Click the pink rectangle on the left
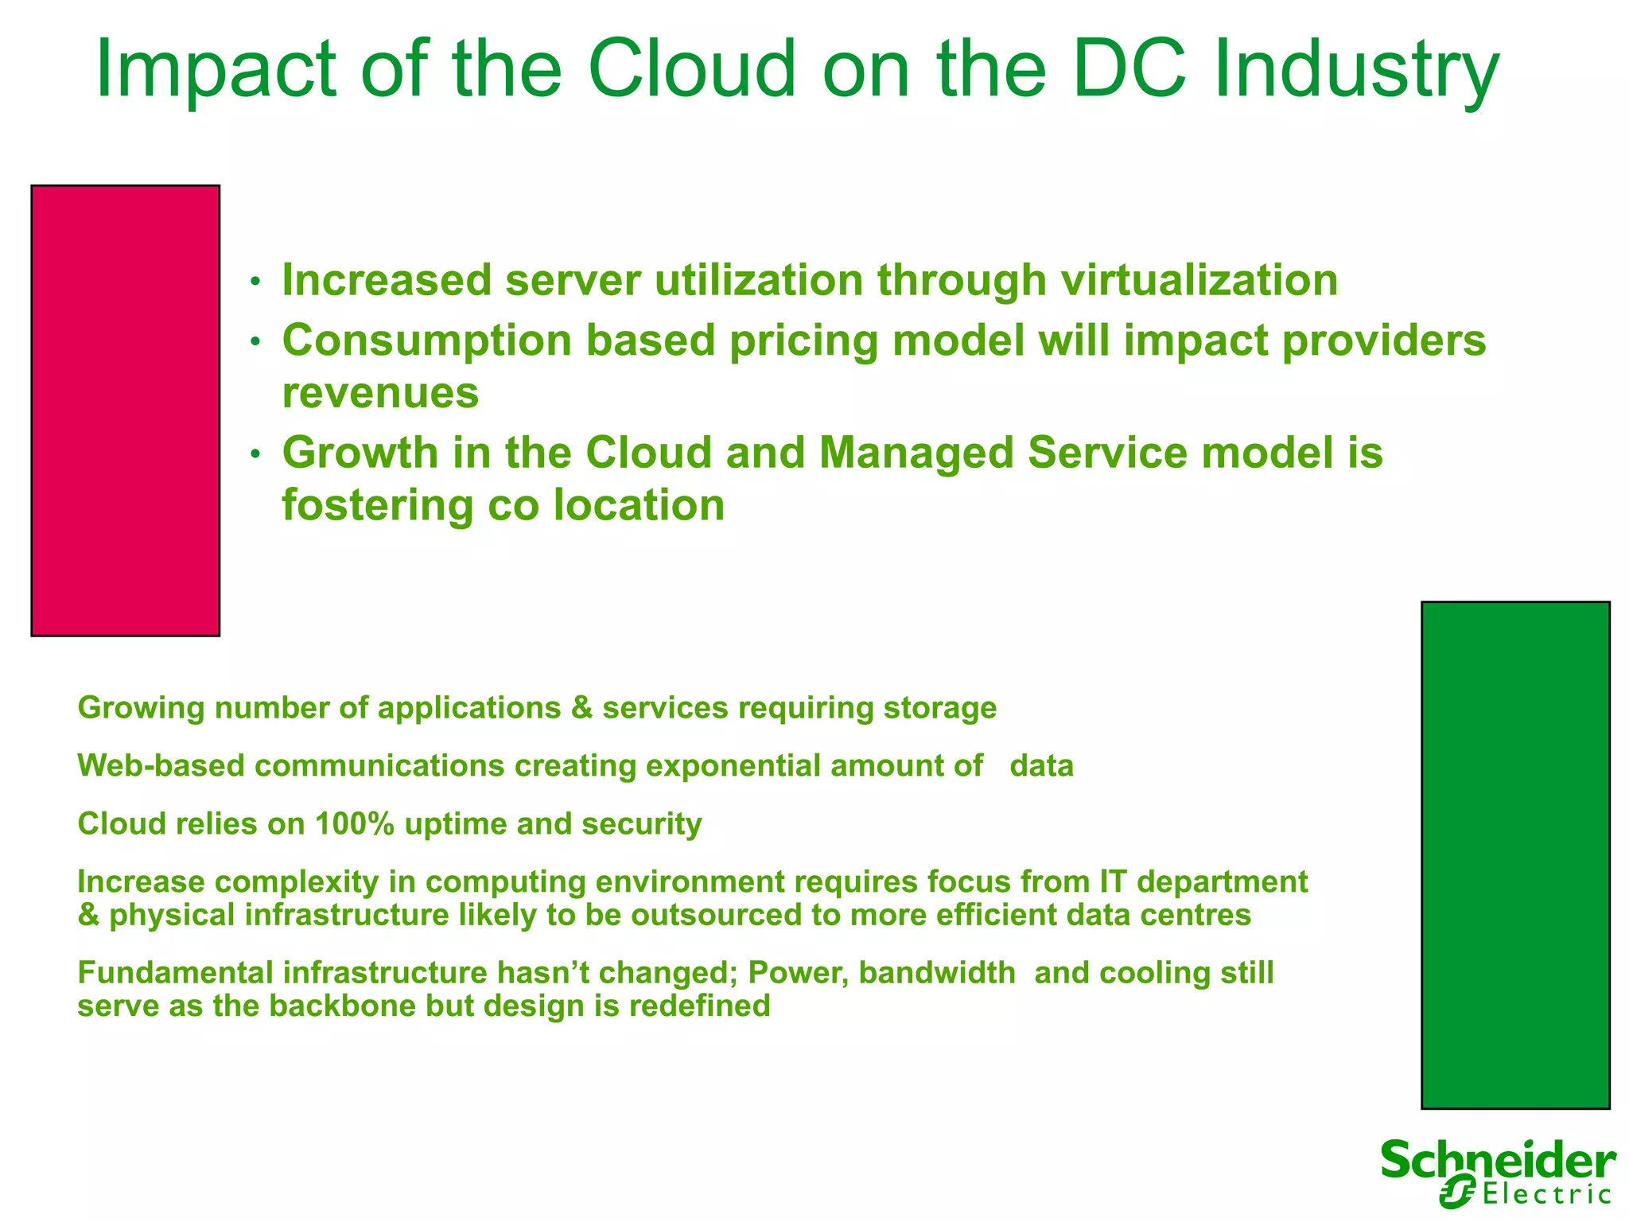(125, 411)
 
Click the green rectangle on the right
(1514, 854)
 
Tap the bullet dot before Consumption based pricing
(255, 343)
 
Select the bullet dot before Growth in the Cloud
(255, 455)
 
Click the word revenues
(380, 394)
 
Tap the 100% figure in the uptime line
(355, 824)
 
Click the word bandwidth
(936, 973)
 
